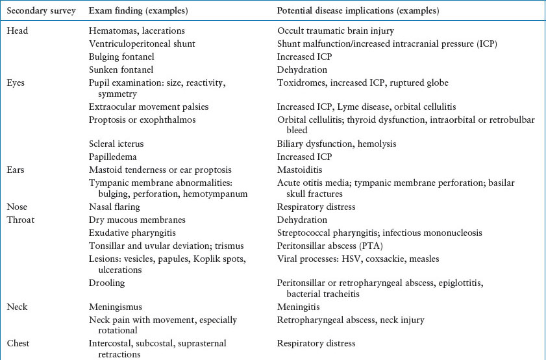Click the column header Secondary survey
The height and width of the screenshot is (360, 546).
[41, 11]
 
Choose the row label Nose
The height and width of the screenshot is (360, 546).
[18, 207]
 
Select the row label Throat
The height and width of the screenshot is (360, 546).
[21, 220]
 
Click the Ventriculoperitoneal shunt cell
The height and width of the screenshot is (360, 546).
[142, 44]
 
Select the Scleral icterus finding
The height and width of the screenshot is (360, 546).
[116, 144]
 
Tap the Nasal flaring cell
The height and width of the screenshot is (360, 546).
[114, 207]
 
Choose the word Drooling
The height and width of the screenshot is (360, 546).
[106, 283]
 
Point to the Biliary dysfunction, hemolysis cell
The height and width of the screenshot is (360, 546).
[336, 144]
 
